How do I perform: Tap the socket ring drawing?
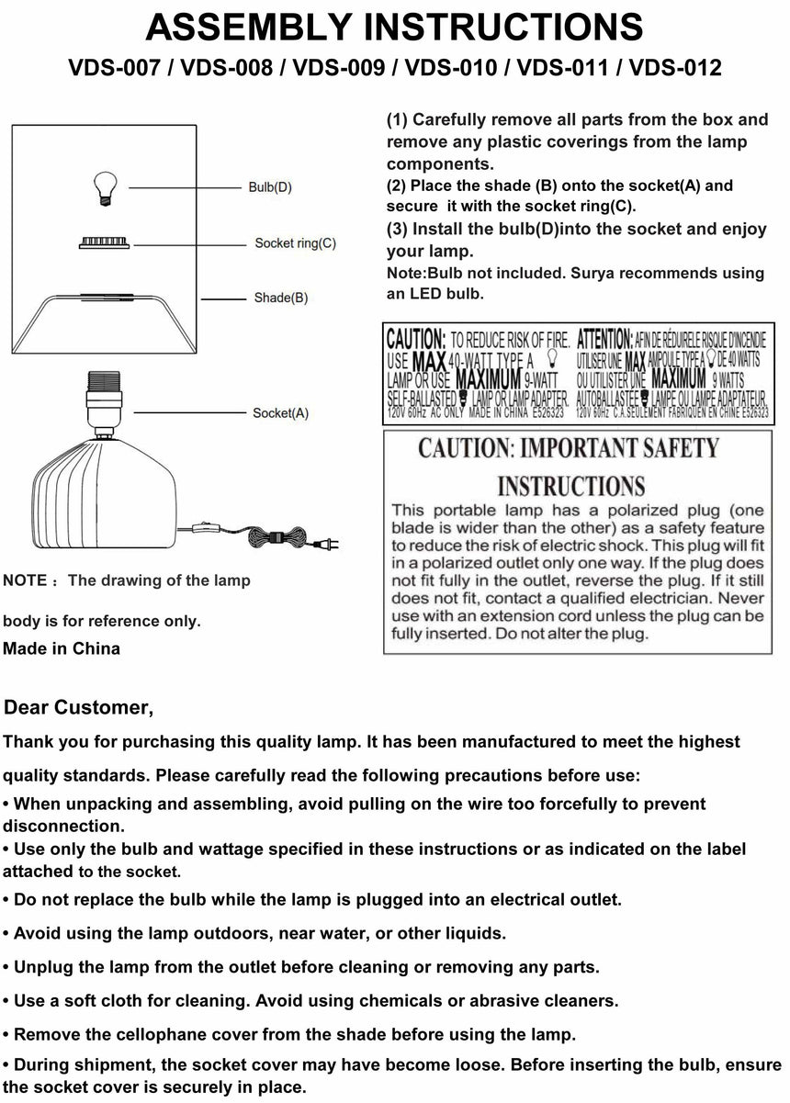[x=104, y=243]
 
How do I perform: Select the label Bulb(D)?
[x=270, y=187]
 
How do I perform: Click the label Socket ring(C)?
[x=295, y=243]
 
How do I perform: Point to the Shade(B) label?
[x=280, y=298]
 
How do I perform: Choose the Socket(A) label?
[x=280, y=413]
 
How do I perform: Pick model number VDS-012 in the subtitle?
[x=675, y=68]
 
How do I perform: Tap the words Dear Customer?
[x=79, y=708]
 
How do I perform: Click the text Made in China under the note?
[x=62, y=648]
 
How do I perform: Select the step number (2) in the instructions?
[x=398, y=186]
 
